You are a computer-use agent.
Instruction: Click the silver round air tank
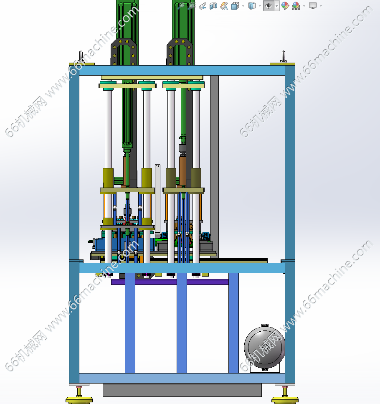(264, 347)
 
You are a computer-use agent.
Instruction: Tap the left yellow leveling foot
(79, 396)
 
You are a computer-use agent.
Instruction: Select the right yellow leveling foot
(285, 396)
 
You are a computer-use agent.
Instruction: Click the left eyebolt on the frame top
(81, 57)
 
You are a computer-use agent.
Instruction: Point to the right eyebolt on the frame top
(284, 57)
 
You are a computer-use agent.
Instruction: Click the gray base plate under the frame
(182, 390)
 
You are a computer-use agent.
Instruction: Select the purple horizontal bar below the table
(170, 282)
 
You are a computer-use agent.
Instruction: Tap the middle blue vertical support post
(182, 323)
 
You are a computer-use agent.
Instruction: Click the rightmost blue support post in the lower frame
(233, 323)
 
